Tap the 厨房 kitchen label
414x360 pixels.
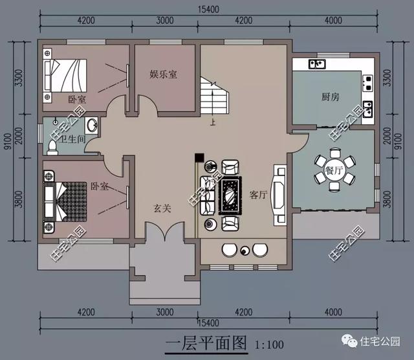coord(330,96)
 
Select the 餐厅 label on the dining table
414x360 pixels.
coord(334,170)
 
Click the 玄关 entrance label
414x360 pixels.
coord(162,208)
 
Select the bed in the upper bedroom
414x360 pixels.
coord(63,76)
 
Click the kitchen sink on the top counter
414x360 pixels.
coord(317,63)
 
